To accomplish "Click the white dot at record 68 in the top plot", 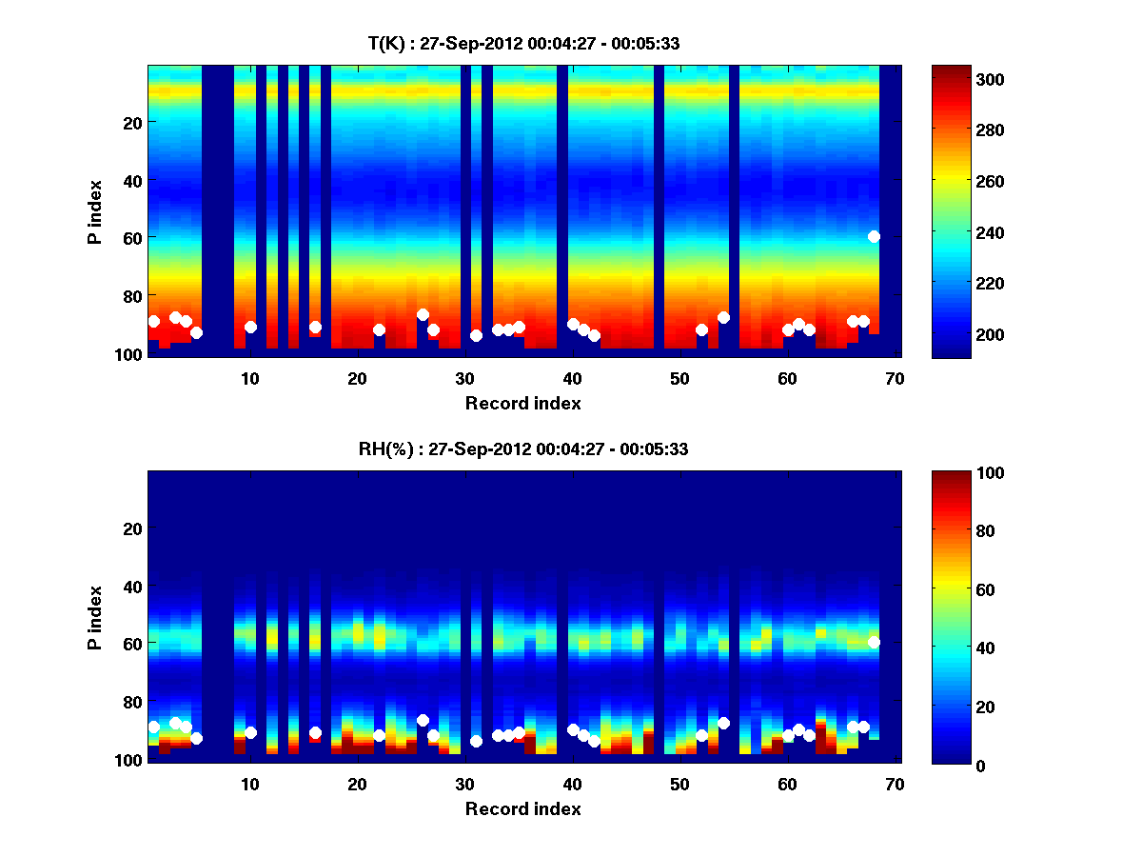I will (x=874, y=236).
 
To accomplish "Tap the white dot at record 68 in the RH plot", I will (x=874, y=643).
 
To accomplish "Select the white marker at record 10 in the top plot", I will (x=250, y=327).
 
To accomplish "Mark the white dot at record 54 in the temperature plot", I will (x=723, y=317).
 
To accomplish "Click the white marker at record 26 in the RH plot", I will (x=423, y=720).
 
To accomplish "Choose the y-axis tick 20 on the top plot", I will (x=131, y=122).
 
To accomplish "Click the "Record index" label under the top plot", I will (x=522, y=404).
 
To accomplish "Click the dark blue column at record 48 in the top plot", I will (x=659, y=209).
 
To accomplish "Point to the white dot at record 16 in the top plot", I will (x=315, y=327).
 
